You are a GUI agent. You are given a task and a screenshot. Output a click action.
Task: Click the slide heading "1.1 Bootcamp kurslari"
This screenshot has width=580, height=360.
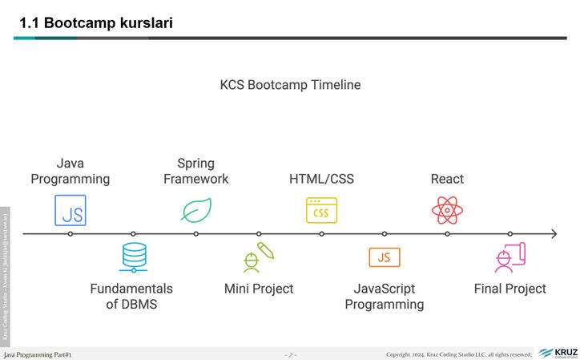[x=96, y=23]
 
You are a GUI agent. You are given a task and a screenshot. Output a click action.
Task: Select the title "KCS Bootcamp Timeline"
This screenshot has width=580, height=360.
[x=290, y=85]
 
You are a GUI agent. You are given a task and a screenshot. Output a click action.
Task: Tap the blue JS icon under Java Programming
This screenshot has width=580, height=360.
[x=70, y=210]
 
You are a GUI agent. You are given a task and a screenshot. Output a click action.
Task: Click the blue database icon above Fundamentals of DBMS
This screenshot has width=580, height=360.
[x=133, y=258]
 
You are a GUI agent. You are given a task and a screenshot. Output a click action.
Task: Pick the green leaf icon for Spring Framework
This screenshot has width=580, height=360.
[x=195, y=210]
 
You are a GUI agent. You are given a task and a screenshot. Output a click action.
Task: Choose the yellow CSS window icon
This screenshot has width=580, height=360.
[x=321, y=210]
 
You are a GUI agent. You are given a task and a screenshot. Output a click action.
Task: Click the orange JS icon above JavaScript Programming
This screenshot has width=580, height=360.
[x=385, y=257]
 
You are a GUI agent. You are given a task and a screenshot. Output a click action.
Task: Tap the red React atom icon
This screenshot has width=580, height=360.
[x=447, y=210]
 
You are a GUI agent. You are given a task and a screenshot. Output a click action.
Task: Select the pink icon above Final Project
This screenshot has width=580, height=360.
[x=510, y=257]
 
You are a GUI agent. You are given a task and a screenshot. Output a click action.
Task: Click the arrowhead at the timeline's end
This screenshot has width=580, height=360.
[x=553, y=234]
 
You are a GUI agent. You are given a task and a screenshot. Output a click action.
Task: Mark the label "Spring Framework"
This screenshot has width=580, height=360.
[x=195, y=171]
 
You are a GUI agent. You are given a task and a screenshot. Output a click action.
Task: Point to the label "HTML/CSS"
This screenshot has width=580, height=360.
[x=321, y=179]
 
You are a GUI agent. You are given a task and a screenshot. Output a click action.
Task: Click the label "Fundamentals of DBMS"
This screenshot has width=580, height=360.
[x=131, y=296]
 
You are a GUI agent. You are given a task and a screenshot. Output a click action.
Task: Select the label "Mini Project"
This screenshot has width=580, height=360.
[x=259, y=289]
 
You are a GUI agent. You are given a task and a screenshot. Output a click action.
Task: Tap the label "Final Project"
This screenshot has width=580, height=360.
[x=510, y=289]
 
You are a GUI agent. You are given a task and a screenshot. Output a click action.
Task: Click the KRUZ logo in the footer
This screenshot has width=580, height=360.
[x=558, y=353]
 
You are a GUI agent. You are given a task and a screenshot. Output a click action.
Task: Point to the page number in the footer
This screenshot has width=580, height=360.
[x=290, y=354]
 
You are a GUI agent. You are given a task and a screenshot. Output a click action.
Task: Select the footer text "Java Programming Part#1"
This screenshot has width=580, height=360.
[x=38, y=354]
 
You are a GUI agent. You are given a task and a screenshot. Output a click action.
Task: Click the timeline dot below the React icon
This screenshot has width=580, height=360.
[x=447, y=234]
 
